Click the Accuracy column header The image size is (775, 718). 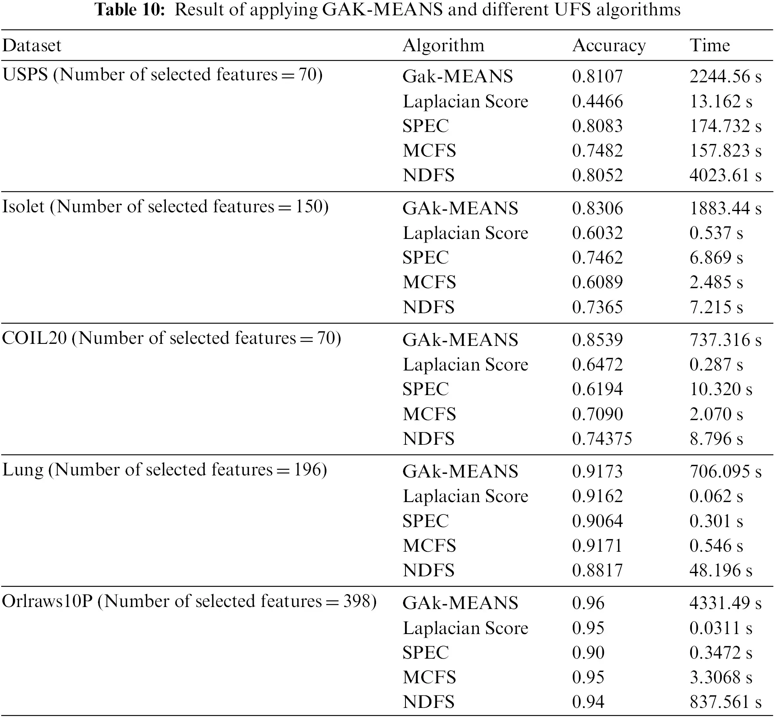609,46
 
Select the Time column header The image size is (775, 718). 710,45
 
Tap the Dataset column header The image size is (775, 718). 32,45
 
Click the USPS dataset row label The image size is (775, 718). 162,75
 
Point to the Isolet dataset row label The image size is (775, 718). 165,207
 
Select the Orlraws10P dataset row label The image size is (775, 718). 189,601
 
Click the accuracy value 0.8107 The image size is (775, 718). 597,76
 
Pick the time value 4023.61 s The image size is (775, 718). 725,175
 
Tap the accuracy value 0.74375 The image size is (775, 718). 602,439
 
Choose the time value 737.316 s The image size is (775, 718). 725,340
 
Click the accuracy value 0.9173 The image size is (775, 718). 597,471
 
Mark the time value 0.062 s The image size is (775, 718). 716,496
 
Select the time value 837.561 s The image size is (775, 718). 725,702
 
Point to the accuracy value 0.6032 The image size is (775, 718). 597,233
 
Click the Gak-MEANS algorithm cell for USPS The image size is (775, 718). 457,76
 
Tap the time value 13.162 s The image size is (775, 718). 721,101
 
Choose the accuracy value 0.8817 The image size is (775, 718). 597,570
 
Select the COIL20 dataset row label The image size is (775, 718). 171,338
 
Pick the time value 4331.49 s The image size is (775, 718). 725,603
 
